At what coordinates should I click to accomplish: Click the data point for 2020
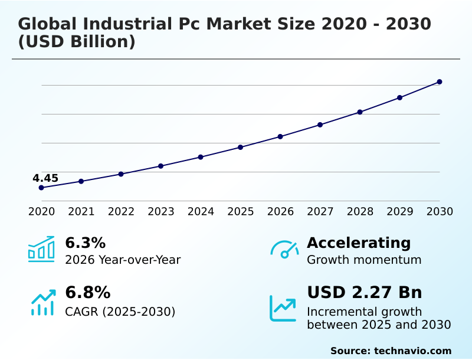[x=41, y=188]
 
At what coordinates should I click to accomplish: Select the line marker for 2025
[x=240, y=147]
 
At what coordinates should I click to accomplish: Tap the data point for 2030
[x=440, y=82]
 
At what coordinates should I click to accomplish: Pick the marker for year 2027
[x=320, y=125]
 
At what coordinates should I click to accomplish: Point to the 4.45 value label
[x=45, y=178]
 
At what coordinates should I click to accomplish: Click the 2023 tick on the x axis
[x=160, y=212]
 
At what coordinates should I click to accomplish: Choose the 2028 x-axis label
[x=360, y=212]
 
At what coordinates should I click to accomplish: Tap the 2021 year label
[x=81, y=212]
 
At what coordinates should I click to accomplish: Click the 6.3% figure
[x=85, y=243]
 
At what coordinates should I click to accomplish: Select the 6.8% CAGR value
[x=87, y=293]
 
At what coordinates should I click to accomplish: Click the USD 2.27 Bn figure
[x=364, y=293]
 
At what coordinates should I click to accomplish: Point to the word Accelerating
[x=359, y=243]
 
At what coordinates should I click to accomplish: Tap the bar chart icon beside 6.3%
[x=41, y=249]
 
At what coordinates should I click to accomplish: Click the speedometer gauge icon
[x=284, y=249]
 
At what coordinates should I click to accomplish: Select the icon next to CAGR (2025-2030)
[x=42, y=302]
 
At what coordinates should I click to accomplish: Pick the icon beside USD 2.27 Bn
[x=283, y=308]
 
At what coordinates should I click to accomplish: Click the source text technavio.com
[x=412, y=351]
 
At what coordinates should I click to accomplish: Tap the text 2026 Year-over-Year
[x=123, y=260]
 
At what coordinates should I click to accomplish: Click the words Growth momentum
[x=364, y=260]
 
